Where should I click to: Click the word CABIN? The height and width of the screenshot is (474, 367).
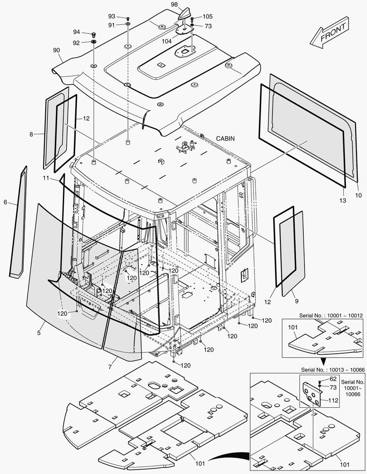tap(225, 139)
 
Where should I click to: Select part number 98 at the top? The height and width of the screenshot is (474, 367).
tap(174, 4)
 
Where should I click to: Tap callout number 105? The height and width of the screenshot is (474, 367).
tap(207, 17)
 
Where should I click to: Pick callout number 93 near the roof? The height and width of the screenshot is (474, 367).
tap(112, 17)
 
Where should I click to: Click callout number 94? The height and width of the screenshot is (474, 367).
tap(76, 32)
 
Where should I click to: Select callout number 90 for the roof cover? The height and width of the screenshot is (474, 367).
tap(56, 50)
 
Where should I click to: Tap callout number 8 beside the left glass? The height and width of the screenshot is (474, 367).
tap(31, 134)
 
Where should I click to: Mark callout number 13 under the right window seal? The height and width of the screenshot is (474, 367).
tap(343, 201)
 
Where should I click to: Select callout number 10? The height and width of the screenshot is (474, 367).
tap(358, 194)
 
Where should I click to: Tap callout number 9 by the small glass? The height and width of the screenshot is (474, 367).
tap(296, 302)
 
